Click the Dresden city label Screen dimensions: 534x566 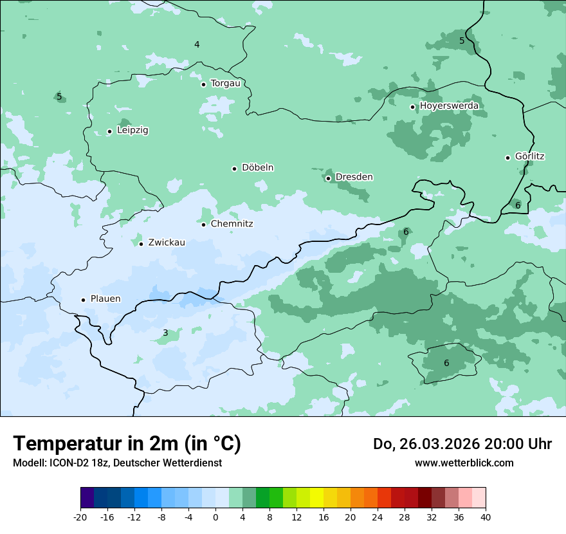point(354,177)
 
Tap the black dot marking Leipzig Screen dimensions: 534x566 point(109,131)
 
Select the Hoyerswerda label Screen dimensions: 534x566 point(449,106)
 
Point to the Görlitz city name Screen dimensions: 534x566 point(529,156)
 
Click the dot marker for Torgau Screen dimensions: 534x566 point(203,84)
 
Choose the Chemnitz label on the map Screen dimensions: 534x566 point(232,224)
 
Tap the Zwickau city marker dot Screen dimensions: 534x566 point(141,244)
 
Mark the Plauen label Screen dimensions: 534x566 point(105,299)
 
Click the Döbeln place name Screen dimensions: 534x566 point(257,168)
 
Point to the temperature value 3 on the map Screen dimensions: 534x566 point(165,333)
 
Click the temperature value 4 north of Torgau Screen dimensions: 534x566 point(197,44)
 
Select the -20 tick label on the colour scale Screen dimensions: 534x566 point(80,517)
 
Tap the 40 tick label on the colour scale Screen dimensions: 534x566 point(485,517)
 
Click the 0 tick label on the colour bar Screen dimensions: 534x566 point(215,517)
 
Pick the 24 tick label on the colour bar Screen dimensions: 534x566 point(378,517)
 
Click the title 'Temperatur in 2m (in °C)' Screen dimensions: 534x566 point(127,444)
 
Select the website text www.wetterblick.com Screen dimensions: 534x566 point(464,463)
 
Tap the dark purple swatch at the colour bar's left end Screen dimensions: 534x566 point(87,498)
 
